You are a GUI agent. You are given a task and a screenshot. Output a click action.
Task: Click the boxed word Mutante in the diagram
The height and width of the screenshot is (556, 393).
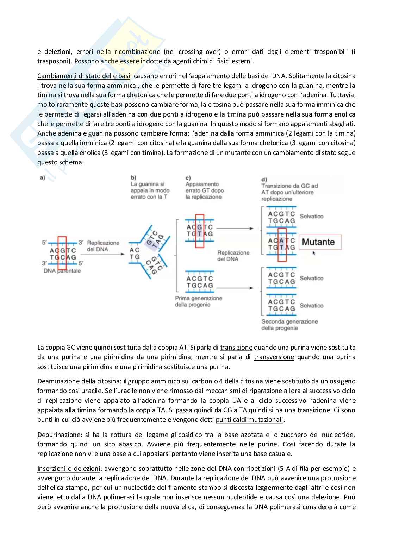click(318, 242)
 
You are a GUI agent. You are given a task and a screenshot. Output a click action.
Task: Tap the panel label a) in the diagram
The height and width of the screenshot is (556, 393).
click(42, 178)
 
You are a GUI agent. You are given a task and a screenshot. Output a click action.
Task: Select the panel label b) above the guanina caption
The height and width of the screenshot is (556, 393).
click(133, 177)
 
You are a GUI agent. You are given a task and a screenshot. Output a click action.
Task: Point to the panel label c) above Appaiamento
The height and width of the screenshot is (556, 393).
click(188, 177)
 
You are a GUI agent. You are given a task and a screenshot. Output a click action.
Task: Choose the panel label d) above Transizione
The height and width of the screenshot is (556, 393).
click(264, 180)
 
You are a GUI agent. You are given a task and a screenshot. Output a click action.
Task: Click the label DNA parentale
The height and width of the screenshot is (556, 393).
click(62, 271)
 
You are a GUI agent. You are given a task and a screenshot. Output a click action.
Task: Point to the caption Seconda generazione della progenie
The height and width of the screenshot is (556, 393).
click(289, 325)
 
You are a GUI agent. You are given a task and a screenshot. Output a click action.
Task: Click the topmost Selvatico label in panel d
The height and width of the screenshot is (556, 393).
click(311, 216)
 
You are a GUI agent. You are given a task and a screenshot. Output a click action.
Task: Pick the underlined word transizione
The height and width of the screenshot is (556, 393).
click(236, 348)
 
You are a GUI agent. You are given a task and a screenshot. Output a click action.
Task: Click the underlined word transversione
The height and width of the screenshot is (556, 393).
click(274, 357)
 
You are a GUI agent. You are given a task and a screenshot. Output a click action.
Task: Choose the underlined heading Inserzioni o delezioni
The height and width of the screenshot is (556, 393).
click(69, 468)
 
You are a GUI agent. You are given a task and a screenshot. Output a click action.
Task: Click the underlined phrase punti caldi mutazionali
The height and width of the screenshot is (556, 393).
click(249, 419)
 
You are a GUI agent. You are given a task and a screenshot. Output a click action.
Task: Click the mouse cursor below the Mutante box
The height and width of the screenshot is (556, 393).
click(314, 252)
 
